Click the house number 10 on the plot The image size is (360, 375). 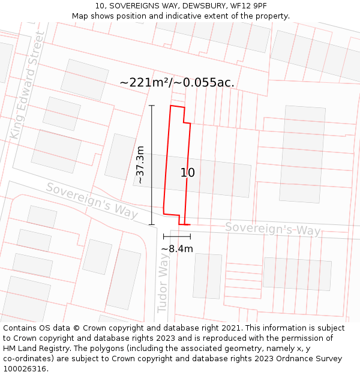pyautogui.click(x=188, y=173)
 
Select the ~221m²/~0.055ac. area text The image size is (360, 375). pyautogui.click(x=177, y=83)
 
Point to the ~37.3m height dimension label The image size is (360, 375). pyautogui.click(x=140, y=164)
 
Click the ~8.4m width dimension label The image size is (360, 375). pyautogui.click(x=177, y=248)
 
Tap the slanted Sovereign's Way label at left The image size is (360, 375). pyautogui.click(x=91, y=200)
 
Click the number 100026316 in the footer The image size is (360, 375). pyautogui.click(x=24, y=368)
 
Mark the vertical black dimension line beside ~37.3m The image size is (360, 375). pyautogui.click(x=152, y=165)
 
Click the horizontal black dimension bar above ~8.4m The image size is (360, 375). pyautogui.click(x=177, y=237)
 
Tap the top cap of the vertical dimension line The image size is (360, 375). pyautogui.click(x=152, y=106)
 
